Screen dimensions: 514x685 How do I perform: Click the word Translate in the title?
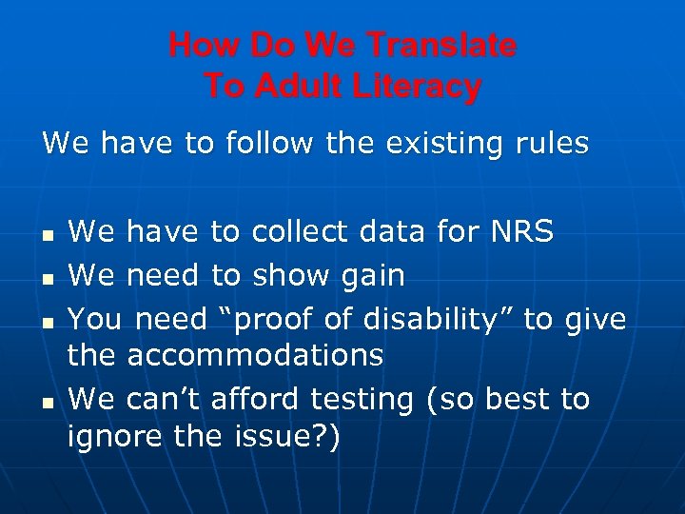pyautogui.click(x=441, y=45)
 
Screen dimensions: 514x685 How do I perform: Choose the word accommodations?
pyautogui.click(x=255, y=356)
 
